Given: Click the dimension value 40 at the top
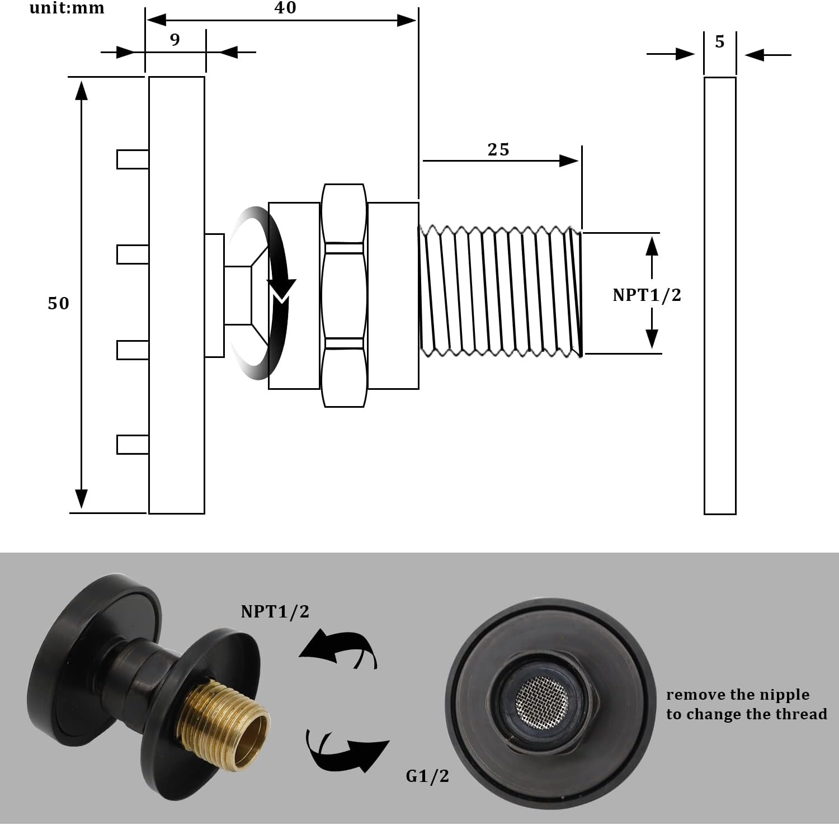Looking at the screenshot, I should point(285,8).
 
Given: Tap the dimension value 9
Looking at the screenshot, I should point(175,40).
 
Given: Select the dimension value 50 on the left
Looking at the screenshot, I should point(58,304).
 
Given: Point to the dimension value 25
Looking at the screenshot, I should point(498,150).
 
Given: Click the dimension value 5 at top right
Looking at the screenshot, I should point(720,42).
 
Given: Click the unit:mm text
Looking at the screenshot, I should point(67,8).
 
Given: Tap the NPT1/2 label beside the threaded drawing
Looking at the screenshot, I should point(647,295).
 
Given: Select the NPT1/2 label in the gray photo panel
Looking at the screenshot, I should point(275,612).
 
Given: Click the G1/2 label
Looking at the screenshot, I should point(427,776).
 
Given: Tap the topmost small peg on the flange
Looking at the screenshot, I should point(133,159).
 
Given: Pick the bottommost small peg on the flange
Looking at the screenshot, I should point(133,444).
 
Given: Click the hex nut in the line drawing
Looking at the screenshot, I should point(344,295).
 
